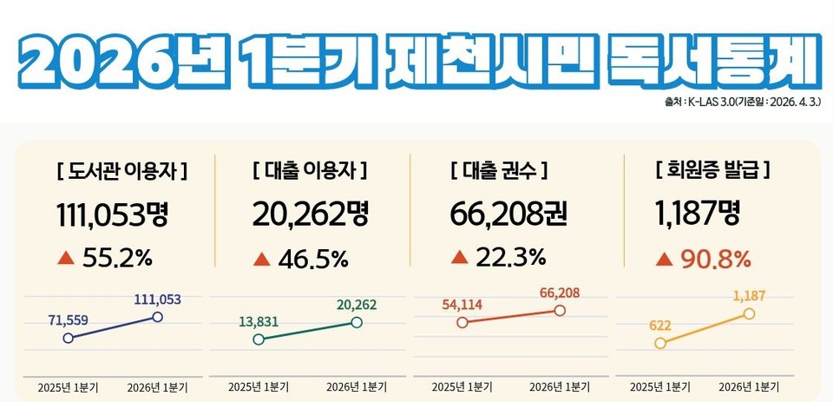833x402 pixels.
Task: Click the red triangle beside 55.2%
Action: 64,258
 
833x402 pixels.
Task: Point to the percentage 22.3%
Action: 510,257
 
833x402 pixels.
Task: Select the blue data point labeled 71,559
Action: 68,338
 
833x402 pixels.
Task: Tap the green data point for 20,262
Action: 357,322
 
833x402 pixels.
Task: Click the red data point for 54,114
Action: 462,322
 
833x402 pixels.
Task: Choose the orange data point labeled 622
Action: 661,343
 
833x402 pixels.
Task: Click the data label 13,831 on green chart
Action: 259,321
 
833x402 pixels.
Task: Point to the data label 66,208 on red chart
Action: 560,293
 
